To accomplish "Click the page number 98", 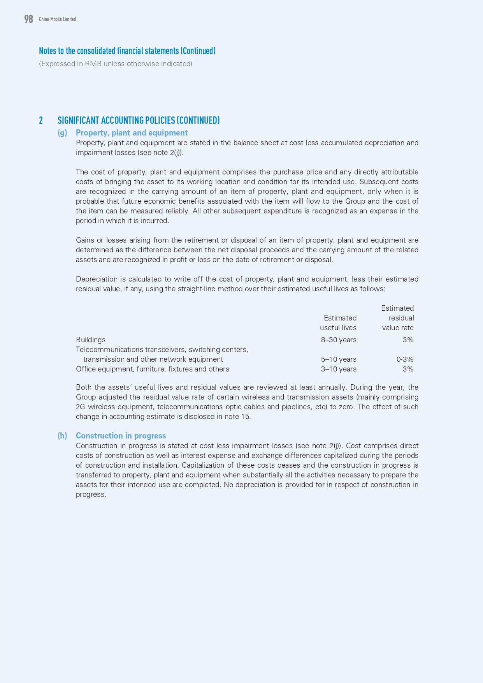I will coord(28,19).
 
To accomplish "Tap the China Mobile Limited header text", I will coord(57,19).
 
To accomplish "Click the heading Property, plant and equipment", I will coord(132,133).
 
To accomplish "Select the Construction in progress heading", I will coord(121,436).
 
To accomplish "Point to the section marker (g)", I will coord(62,133).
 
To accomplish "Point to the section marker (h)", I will coord(62,436).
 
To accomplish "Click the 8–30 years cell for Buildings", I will coord(339,340).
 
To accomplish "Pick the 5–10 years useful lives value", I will coord(339,359).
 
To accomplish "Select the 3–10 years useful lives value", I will coord(339,369).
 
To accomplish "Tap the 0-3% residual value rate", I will coord(405,359).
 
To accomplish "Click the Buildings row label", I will coord(91,340).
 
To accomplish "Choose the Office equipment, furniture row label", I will coord(152,369).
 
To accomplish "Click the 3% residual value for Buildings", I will coord(408,340).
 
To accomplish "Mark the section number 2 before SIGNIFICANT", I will coord(41,120).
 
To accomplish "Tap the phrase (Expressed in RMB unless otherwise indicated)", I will coord(116,64).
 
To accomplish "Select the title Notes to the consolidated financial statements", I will coord(127,51).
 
